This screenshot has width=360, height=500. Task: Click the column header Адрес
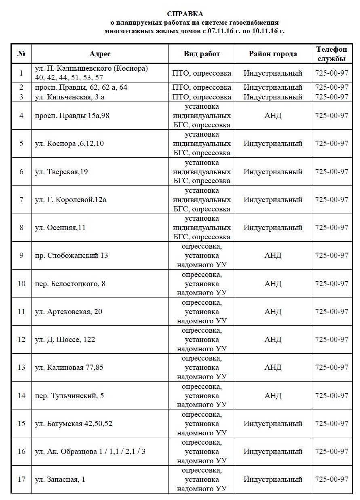click(x=100, y=54)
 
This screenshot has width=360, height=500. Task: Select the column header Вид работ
click(x=202, y=54)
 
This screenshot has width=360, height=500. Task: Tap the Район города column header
click(x=273, y=54)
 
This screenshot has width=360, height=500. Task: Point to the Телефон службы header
click(x=331, y=54)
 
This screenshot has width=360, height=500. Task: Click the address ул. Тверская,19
click(x=61, y=172)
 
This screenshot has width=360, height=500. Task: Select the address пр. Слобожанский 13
click(x=72, y=255)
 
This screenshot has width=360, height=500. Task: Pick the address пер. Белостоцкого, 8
click(x=70, y=283)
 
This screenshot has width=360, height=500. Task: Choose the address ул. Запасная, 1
click(x=60, y=479)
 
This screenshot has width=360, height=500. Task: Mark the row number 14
click(x=21, y=395)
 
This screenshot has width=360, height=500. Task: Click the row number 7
click(x=21, y=200)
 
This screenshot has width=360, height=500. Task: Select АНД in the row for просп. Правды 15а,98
click(x=273, y=116)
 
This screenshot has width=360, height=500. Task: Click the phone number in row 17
click(x=331, y=479)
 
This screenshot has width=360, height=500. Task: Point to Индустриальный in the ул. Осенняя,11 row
click(x=273, y=228)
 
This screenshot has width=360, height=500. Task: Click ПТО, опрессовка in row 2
click(x=202, y=87)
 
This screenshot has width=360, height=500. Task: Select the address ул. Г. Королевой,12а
click(x=71, y=200)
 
